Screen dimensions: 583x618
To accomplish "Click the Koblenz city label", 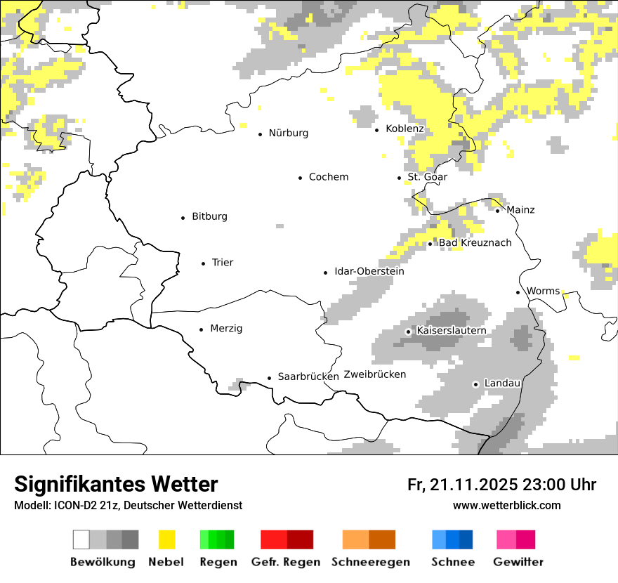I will point(405,129).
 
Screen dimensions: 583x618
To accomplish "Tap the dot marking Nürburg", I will point(260,133).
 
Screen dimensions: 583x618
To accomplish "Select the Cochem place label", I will point(328,177).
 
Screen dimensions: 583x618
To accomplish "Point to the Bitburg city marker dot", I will point(183,218).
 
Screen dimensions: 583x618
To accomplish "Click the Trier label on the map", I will point(223,263).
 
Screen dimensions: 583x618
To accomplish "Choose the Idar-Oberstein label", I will point(369,272).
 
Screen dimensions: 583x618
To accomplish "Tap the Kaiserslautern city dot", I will point(408,332).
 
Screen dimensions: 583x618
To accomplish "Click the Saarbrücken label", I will point(308,376).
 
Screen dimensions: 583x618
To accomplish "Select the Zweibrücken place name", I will point(375,374).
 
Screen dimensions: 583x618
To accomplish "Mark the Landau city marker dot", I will point(475,384).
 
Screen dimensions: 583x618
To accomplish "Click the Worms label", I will point(543,291).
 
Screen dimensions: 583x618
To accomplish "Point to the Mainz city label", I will point(520,210).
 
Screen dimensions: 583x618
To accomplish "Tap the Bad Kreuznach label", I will point(475,243).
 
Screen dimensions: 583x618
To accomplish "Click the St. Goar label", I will point(427,177).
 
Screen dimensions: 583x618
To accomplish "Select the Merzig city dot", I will point(202,329).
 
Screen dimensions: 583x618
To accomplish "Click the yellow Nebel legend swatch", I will point(166,539).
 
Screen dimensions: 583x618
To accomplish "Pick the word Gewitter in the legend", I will point(518,562).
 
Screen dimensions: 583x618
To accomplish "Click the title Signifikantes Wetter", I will point(116,484).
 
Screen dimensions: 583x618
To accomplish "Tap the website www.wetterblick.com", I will point(506,505).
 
